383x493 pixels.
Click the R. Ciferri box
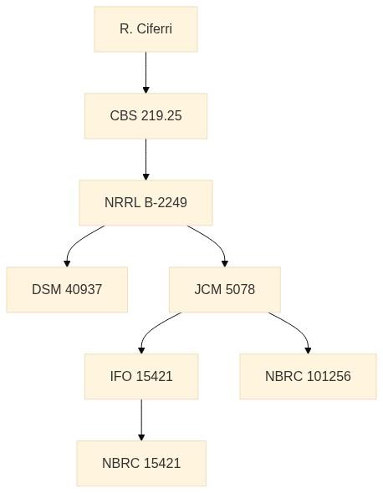click(146, 29)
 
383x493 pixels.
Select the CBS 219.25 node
click(146, 115)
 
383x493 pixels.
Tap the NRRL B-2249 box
click(146, 202)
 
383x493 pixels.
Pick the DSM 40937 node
click(67, 290)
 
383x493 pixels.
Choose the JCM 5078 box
click(225, 290)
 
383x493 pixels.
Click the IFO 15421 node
click(141, 376)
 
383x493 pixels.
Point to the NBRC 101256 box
click(308, 376)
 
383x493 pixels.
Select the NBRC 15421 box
click(141, 463)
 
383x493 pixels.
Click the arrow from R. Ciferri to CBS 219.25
click(146, 73)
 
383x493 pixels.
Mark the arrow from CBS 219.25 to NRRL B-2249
click(146, 160)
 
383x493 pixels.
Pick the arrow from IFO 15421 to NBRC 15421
click(141, 420)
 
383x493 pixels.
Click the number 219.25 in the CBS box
click(161, 115)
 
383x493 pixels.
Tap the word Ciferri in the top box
click(155, 29)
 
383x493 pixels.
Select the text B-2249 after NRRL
click(166, 202)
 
